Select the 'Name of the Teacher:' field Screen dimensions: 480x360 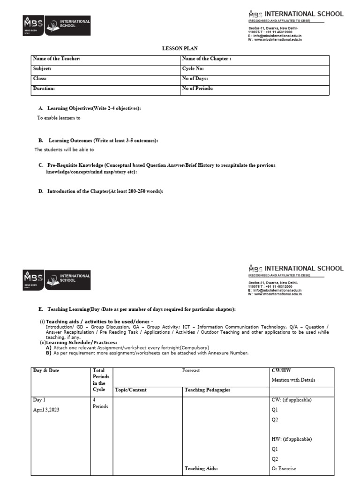57,59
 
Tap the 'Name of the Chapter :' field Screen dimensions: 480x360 206,59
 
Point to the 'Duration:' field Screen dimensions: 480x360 44,88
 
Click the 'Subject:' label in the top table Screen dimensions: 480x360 42,68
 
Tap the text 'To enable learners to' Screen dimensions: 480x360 59,118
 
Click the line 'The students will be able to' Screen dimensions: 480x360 64,150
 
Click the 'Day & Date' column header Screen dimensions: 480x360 46,370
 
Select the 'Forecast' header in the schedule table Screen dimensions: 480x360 191,370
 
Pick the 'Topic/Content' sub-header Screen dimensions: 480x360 131,390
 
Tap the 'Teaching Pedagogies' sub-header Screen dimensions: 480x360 207,390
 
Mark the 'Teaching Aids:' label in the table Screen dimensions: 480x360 201,468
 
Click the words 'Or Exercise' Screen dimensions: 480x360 284,468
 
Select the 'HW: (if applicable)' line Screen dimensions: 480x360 292,439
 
